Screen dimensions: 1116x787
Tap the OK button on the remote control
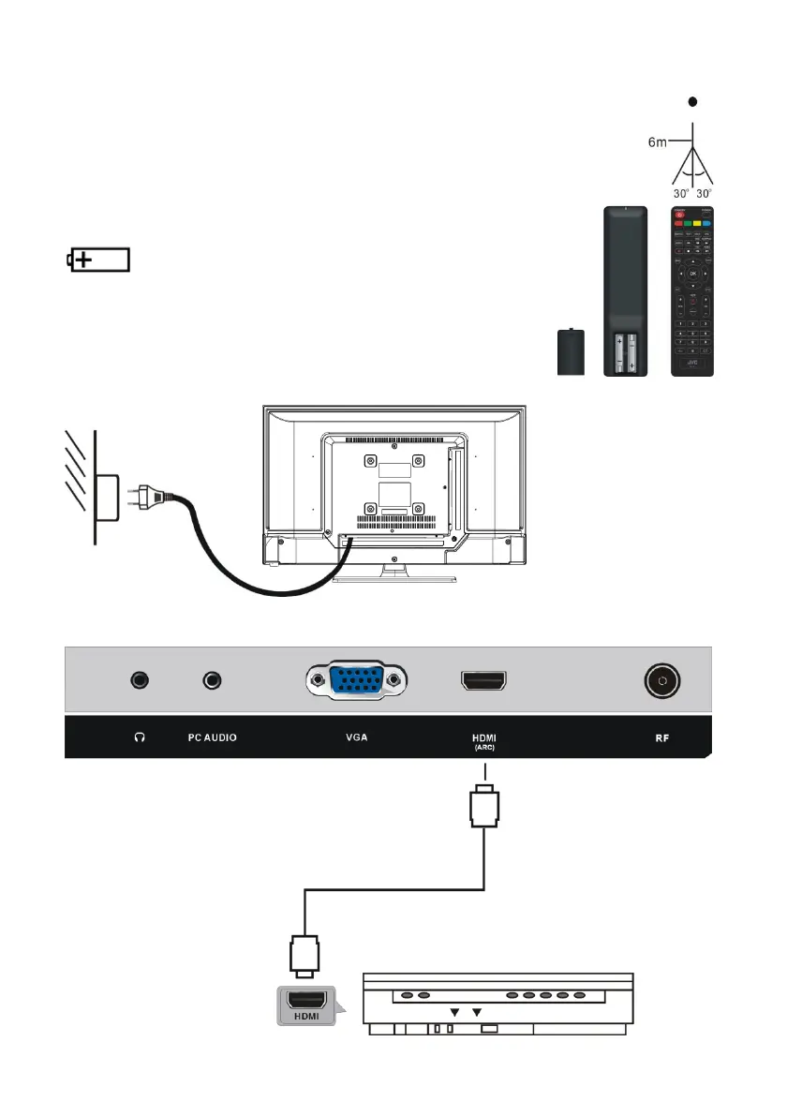[693, 274]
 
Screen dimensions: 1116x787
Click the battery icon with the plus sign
[98, 260]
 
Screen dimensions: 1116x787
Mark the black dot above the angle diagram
[691, 101]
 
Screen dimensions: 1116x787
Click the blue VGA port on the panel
[356, 681]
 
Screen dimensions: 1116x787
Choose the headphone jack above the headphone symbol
[141, 680]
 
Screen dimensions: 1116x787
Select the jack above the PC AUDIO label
[215, 680]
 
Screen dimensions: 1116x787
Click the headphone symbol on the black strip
[141, 738]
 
